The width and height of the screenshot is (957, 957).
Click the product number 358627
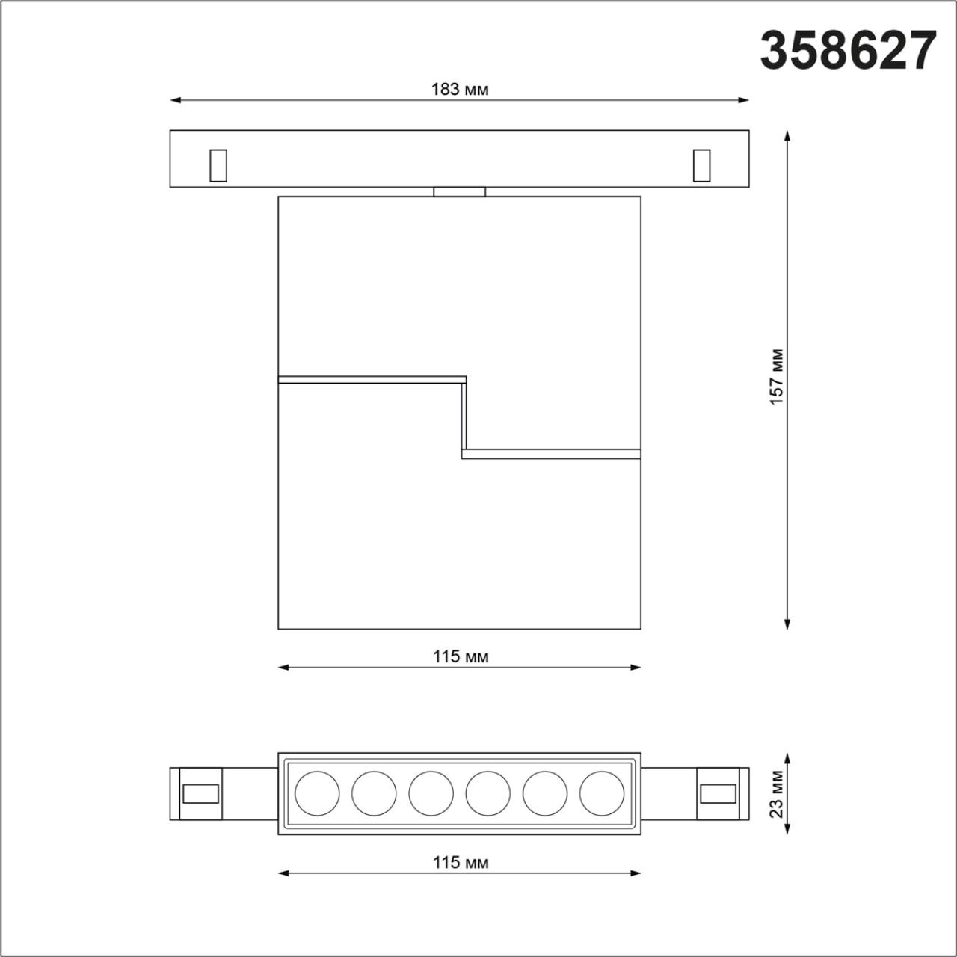pyautogui.click(x=848, y=51)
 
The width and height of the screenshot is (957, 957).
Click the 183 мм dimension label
pyautogui.click(x=459, y=90)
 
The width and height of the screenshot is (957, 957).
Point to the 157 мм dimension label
pyautogui.click(x=777, y=377)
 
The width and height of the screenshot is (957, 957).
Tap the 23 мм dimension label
pyautogui.click(x=777, y=794)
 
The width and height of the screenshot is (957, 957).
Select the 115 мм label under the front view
pyautogui.click(x=460, y=656)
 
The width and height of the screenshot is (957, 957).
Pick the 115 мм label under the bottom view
pyautogui.click(x=460, y=862)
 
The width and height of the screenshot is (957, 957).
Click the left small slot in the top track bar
pyautogui.click(x=218, y=165)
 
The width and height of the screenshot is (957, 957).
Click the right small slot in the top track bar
pyautogui.click(x=701, y=165)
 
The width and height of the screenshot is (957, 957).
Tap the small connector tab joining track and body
pyautogui.click(x=459, y=191)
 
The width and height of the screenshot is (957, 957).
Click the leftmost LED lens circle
pyautogui.click(x=317, y=793)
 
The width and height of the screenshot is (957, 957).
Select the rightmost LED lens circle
pyautogui.click(x=601, y=793)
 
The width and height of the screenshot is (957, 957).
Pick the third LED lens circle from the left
pyautogui.click(x=431, y=793)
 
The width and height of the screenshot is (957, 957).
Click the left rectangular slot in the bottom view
pyautogui.click(x=201, y=793)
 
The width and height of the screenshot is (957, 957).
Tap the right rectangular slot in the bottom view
pyautogui.click(x=717, y=793)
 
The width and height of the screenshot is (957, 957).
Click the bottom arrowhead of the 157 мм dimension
pyautogui.click(x=787, y=624)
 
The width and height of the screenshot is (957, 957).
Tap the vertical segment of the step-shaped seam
pyautogui.click(x=464, y=416)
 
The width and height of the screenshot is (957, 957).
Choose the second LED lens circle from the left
pyautogui.click(x=374, y=793)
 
